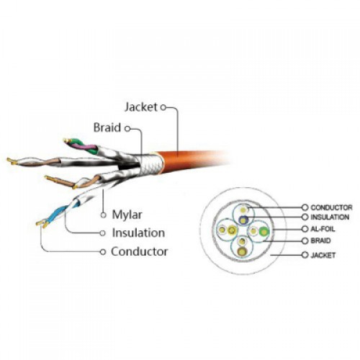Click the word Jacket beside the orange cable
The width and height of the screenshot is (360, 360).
coord(141,107)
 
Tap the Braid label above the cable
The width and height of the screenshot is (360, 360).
coord(107,127)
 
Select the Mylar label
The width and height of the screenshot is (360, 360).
coord(127,215)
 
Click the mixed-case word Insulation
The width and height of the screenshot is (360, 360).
coord(138,233)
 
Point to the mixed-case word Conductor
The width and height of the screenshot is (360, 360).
coord(139,252)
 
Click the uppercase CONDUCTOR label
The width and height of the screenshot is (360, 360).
coord(331,207)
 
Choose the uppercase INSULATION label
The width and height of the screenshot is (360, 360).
coord(330,217)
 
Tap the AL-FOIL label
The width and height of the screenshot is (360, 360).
coord(323,229)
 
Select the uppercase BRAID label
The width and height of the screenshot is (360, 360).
coord(320,240)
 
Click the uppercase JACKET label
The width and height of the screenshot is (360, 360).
coord(323,255)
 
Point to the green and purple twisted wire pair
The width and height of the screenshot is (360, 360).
coord(81,145)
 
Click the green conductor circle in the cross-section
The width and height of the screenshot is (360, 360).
coord(264,232)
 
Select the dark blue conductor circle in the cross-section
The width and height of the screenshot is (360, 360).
coord(243,220)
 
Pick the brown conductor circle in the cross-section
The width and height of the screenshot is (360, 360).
coord(242,251)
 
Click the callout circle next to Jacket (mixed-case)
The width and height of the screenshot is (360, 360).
coord(163,107)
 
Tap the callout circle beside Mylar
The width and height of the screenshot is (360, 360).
coord(104,215)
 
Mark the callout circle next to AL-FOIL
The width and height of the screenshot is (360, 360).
coord(305,229)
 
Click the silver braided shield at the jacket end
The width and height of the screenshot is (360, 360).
coord(150,164)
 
